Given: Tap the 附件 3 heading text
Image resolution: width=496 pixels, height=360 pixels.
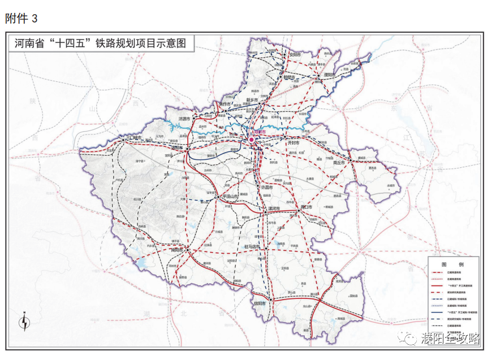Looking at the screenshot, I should [x=21, y=19].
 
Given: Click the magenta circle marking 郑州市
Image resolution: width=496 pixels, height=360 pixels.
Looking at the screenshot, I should [x=252, y=139].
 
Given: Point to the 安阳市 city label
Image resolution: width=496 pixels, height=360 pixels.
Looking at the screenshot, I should [x=296, y=55].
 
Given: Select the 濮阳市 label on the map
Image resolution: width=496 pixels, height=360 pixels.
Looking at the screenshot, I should [x=329, y=75].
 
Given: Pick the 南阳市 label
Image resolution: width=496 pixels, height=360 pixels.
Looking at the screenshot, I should [x=176, y=249].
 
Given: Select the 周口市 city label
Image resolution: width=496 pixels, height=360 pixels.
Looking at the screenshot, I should [x=305, y=207].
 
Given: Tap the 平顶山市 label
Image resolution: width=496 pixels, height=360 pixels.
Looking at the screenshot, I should [x=231, y=196].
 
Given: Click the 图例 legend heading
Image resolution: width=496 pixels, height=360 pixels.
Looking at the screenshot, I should [x=452, y=264].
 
